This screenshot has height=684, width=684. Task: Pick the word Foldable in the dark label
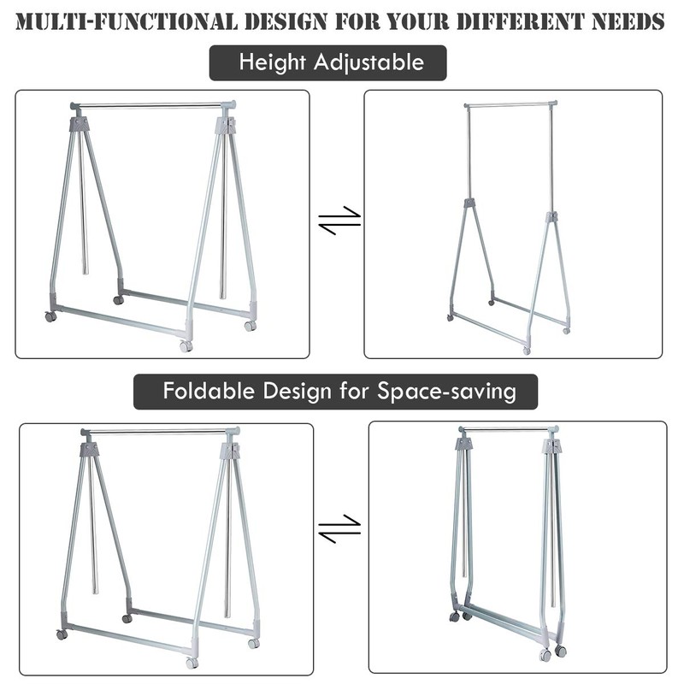[203, 392]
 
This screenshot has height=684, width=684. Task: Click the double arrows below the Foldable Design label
[339, 528]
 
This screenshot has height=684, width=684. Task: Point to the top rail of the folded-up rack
[509, 429]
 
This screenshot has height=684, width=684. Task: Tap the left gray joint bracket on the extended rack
[469, 203]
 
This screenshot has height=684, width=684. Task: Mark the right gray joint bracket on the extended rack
[551, 216]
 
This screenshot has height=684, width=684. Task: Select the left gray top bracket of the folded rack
[463, 445]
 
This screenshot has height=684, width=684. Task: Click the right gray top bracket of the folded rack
[551, 446]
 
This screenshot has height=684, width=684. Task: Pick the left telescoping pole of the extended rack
[469, 154]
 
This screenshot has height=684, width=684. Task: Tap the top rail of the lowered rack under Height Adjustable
[151, 106]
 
